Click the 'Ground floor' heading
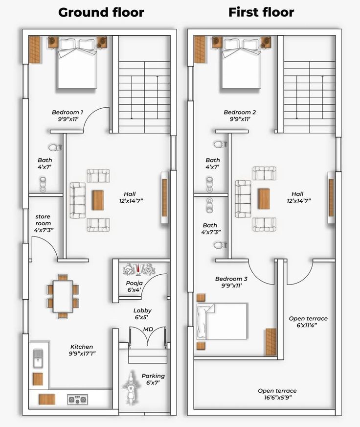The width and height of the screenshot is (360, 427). click(101, 13)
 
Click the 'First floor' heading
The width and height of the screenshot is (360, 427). click(261, 12)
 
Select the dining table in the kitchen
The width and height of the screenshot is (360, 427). click(63, 296)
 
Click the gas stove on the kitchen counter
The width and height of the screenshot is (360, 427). click(78, 400)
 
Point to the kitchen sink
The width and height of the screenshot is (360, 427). click(38, 358)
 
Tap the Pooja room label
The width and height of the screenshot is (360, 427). click(134, 286)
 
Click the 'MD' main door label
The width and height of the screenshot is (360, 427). click(148, 329)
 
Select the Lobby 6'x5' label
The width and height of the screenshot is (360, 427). click(142, 314)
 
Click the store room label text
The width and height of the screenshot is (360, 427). click(44, 223)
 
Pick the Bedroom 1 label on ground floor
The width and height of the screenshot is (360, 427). click(67, 116)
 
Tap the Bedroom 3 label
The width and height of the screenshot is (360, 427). click(231, 282)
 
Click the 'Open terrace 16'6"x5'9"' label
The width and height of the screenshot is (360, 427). click(277, 394)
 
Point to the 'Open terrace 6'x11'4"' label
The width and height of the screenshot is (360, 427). click(308, 322)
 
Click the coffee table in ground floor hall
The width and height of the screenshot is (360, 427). click(98, 200)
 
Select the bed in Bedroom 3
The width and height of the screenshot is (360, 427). click(222, 322)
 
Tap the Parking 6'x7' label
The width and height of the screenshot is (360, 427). click(153, 379)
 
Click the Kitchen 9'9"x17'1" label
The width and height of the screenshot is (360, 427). click(82, 350)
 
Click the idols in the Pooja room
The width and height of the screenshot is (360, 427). click(139, 269)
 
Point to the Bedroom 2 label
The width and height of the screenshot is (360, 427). click(240, 116)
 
